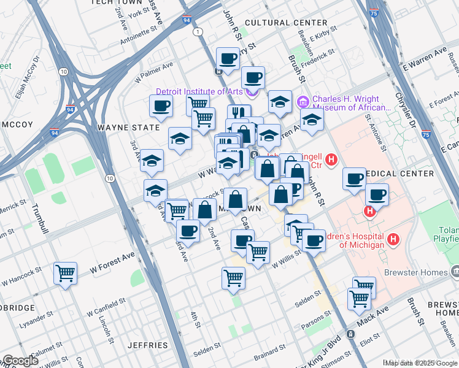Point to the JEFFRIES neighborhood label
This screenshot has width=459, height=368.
147,345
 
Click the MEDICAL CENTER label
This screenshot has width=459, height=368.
399,174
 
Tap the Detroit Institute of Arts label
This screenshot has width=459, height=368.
199,92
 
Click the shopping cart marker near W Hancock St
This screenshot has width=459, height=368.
65,274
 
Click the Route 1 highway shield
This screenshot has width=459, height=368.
197,31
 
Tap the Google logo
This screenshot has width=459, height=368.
20,361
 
